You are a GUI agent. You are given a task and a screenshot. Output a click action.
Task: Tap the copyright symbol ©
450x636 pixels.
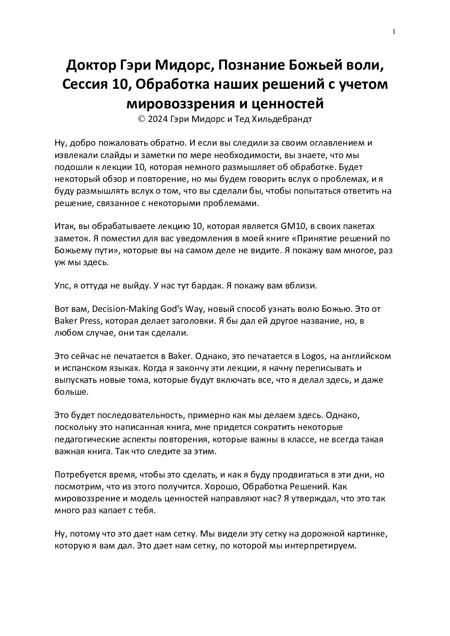pyautogui.click(x=142, y=119)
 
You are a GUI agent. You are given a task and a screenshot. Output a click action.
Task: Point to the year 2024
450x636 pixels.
pyautogui.click(x=157, y=119)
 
